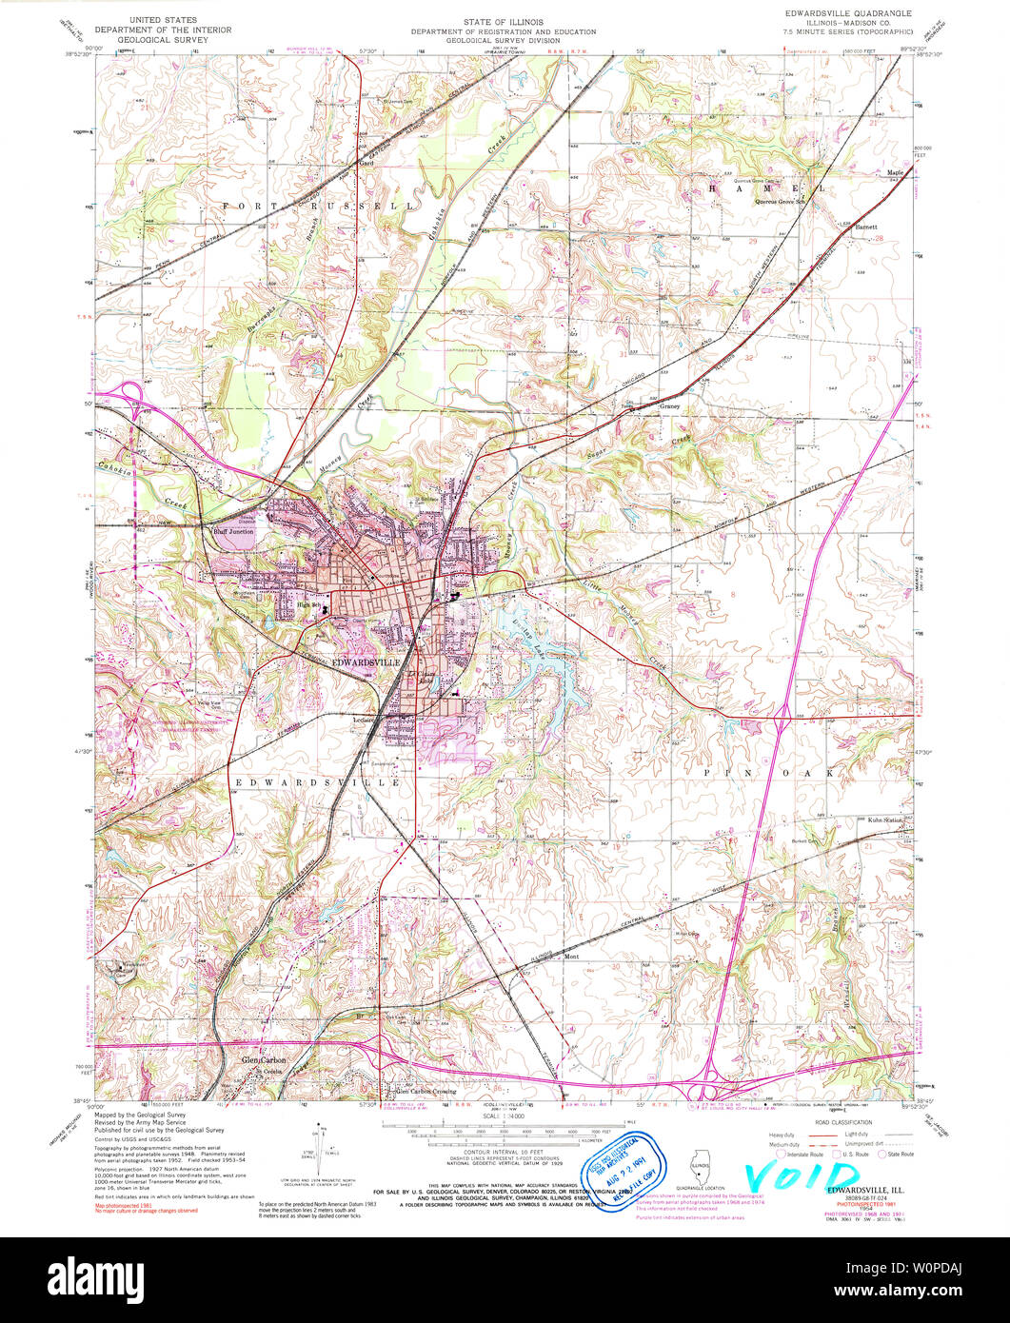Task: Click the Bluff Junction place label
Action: (x=231, y=532)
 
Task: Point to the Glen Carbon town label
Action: (x=263, y=1059)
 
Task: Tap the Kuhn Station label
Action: (x=884, y=819)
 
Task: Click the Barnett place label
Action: (x=865, y=227)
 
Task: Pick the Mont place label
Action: (x=571, y=957)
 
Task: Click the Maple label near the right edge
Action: (x=895, y=172)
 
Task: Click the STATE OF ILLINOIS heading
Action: (x=505, y=20)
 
